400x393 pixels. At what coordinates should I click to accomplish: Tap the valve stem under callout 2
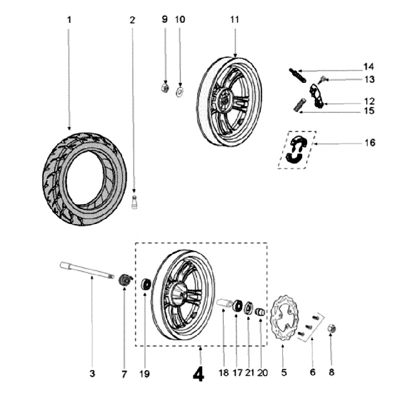pyautogui.click(x=133, y=203)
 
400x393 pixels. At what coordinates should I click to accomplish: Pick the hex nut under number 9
pyautogui.click(x=165, y=87)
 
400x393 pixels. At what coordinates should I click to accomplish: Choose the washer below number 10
pyautogui.click(x=181, y=89)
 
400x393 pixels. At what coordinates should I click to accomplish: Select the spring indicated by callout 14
pyautogui.click(x=297, y=74)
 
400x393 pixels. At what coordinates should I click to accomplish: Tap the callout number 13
pyautogui.click(x=369, y=79)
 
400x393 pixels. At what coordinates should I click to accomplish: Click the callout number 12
pyautogui.click(x=369, y=102)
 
